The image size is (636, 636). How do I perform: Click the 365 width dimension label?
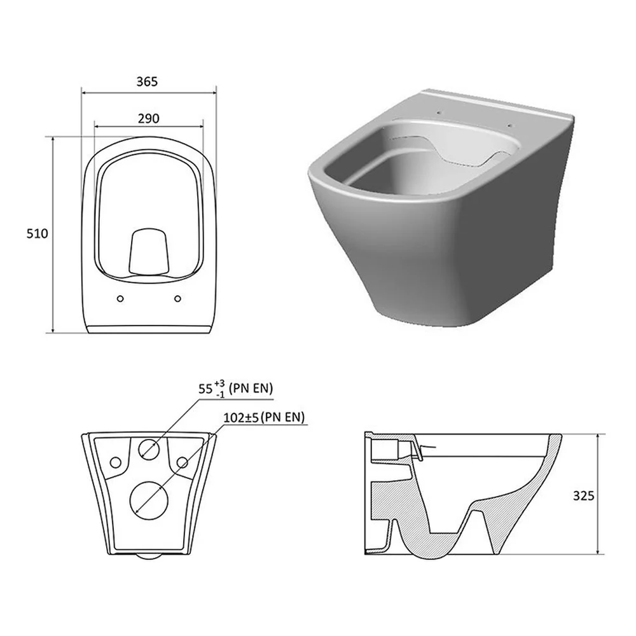[x=147, y=81]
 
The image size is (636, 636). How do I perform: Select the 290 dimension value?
[x=148, y=118]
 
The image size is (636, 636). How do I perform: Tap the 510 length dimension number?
[x=37, y=233]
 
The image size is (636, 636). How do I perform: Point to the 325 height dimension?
[x=583, y=495]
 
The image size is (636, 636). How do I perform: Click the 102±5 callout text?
[x=241, y=417]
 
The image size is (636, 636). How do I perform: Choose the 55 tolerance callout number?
[x=205, y=389]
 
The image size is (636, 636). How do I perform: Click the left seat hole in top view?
[x=120, y=298]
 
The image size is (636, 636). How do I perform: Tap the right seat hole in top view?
[x=177, y=298]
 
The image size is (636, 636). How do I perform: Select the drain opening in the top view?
[x=148, y=251]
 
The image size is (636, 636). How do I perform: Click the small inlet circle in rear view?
[x=149, y=450]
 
